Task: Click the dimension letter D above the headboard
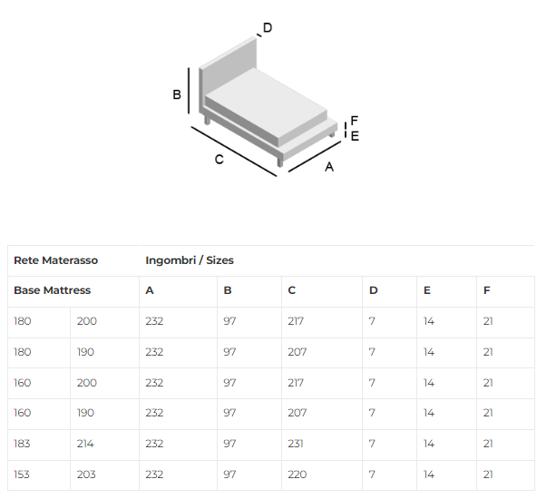click(268, 27)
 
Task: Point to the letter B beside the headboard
click(178, 94)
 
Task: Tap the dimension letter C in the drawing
click(219, 160)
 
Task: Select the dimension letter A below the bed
click(329, 167)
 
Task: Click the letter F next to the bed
click(355, 121)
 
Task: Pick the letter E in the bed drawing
click(355, 135)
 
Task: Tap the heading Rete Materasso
click(55, 260)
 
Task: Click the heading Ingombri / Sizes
click(190, 260)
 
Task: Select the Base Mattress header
click(52, 290)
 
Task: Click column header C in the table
click(292, 290)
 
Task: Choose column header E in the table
click(426, 290)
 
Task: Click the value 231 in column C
click(296, 444)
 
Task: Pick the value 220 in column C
click(297, 475)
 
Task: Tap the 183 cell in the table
click(24, 444)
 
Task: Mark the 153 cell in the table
click(24, 475)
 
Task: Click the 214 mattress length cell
click(87, 444)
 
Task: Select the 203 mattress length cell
click(87, 475)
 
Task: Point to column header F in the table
click(487, 290)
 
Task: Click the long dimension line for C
click(234, 151)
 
